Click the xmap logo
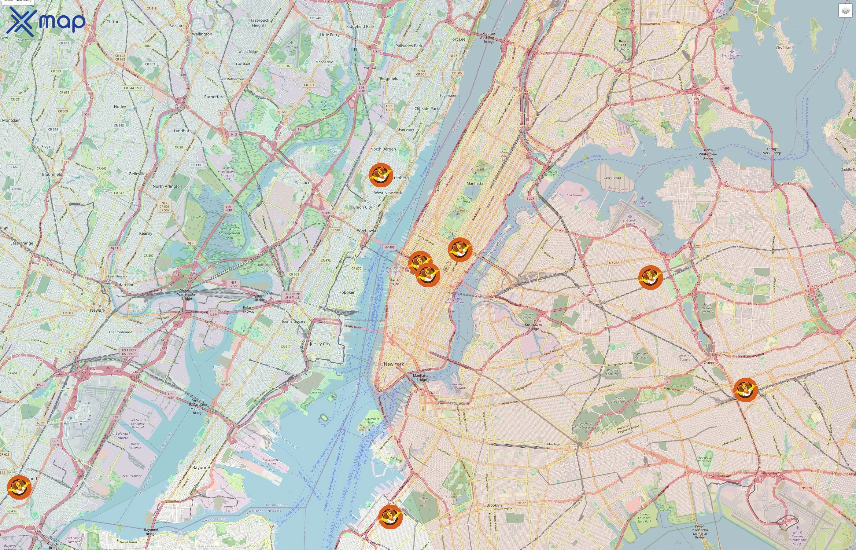[46, 21]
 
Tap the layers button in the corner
[845, 11]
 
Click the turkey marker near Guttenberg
[381, 175]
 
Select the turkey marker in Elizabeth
[19, 487]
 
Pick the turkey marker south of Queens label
[745, 390]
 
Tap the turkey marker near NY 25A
[650, 277]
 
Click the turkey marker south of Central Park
[460, 250]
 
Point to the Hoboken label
[347, 292]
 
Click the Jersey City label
[320, 343]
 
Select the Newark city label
[98, 310]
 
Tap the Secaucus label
[303, 182]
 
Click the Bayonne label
[201, 467]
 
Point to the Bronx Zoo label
[623, 43]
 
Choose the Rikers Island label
[612, 178]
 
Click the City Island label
[784, 47]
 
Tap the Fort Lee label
[458, 39]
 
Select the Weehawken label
[368, 230]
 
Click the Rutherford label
[214, 97]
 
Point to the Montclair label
[11, 120]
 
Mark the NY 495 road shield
[389, 247]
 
